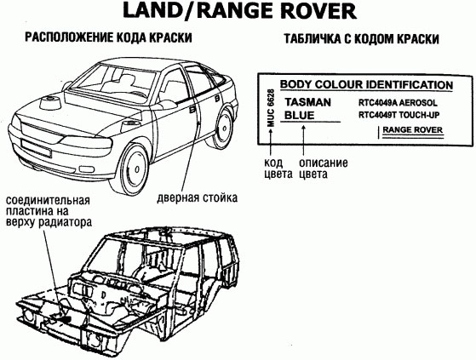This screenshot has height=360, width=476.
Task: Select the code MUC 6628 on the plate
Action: (271, 108)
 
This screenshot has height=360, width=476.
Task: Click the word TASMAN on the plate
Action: (307, 102)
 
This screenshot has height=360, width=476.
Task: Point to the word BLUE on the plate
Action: (300, 115)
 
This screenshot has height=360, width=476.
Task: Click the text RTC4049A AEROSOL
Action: (398, 103)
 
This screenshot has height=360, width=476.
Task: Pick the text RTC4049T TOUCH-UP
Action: (399, 115)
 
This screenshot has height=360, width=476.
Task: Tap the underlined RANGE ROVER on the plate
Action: (412, 130)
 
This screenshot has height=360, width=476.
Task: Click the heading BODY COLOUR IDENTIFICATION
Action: (366, 84)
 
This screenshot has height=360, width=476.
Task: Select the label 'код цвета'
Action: (278, 169)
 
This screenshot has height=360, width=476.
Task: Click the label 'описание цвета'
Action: (324, 169)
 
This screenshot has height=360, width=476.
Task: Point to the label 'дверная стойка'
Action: (197, 198)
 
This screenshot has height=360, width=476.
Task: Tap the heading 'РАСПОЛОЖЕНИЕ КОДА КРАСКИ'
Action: (108, 38)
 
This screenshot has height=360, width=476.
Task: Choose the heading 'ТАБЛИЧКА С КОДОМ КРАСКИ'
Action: (361, 39)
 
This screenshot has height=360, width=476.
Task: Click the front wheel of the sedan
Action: (131, 169)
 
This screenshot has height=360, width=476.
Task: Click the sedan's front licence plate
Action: (36, 148)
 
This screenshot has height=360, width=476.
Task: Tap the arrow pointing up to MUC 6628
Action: (271, 142)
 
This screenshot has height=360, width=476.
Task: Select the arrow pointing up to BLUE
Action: (303, 140)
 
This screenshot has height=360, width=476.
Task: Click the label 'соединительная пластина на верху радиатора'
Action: (49, 211)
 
